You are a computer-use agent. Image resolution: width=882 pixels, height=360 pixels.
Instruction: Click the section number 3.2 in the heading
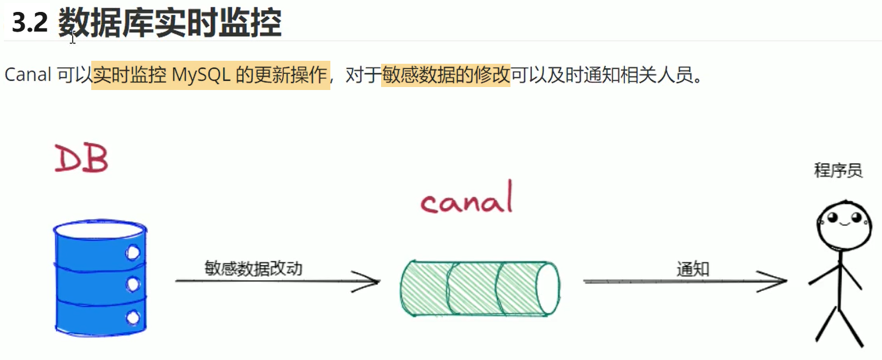click(x=30, y=23)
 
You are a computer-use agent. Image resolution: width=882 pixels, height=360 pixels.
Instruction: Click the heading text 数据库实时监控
click(x=170, y=23)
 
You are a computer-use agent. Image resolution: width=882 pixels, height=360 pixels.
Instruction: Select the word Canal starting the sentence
click(x=28, y=75)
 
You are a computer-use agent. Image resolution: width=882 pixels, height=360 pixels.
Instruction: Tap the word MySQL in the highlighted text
click(x=201, y=75)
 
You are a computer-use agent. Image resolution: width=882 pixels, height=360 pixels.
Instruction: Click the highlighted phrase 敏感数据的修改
click(x=445, y=75)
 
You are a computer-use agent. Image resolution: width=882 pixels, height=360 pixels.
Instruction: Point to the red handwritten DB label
click(x=81, y=158)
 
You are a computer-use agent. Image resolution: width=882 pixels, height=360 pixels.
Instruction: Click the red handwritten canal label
click(x=467, y=198)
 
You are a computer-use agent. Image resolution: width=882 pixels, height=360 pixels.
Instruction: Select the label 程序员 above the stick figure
click(x=838, y=170)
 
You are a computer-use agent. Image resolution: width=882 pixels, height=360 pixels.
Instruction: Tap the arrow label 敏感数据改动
click(x=253, y=268)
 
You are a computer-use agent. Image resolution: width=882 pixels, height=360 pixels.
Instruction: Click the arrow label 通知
click(x=692, y=269)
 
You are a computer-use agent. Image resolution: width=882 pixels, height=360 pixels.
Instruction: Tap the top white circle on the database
click(x=133, y=253)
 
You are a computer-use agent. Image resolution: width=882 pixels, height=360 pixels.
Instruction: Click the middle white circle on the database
click(x=133, y=284)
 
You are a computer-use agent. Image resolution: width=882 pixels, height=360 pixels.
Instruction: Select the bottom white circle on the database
click(x=133, y=317)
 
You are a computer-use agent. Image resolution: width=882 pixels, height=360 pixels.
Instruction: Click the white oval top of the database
click(x=100, y=229)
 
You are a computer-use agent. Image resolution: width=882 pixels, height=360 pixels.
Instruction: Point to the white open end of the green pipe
click(x=549, y=288)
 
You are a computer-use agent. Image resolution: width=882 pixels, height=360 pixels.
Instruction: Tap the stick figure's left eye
click(x=832, y=217)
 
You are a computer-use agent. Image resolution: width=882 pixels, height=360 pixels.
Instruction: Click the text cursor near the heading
click(x=72, y=38)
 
